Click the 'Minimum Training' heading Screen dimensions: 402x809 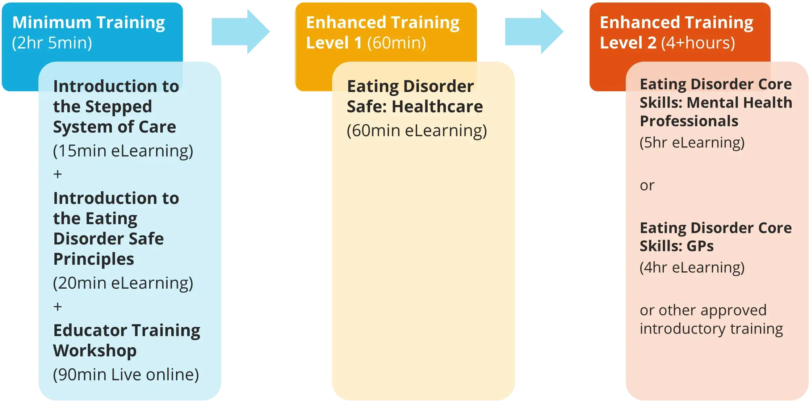coord(89,22)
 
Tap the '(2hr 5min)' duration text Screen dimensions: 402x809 coord(52,43)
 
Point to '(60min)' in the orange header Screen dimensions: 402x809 coord(397,43)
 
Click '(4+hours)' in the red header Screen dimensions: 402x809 coord(698,43)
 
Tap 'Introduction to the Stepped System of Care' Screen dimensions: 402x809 coord(116,106)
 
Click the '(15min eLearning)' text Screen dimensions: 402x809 coord(123,151)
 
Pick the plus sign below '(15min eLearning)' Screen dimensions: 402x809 coord(58,174)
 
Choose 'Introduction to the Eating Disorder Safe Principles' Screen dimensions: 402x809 coord(116,228)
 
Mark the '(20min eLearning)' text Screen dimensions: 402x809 coord(123,283)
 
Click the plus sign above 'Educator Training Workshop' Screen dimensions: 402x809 coord(58,307)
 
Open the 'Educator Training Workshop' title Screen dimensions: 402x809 coord(126,340)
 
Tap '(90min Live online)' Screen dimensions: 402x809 coord(126,374)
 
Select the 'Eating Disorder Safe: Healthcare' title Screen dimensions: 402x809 coord(415,96)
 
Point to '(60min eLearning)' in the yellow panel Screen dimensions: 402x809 coord(417,130)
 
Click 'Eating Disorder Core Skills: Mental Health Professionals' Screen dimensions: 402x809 coord(716,102)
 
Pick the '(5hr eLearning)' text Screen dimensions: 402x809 coord(692,142)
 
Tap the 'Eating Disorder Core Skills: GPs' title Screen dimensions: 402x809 coord(716,237)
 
